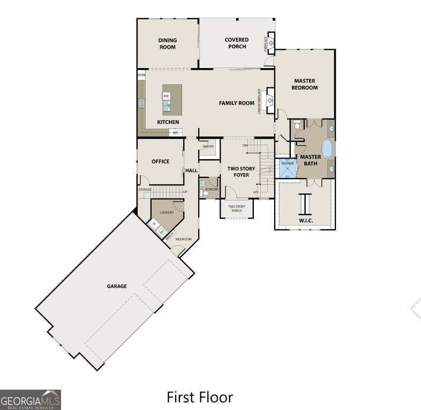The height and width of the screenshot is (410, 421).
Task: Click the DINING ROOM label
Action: (167, 43)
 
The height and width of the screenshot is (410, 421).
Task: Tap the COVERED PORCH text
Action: (236, 43)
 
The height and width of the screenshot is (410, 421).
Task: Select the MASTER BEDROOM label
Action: (305, 84)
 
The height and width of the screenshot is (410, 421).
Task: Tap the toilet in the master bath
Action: (297, 125)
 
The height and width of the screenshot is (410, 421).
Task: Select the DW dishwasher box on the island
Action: (167, 96)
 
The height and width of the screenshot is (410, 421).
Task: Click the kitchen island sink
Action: (166, 106)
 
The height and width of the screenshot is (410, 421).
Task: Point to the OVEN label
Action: (141, 75)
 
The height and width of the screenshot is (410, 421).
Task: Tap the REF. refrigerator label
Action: (175, 132)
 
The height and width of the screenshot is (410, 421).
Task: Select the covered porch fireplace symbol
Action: (271, 42)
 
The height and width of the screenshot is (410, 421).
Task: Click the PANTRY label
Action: (208, 146)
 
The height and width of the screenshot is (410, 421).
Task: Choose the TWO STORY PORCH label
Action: (236, 208)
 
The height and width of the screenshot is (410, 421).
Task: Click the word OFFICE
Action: (160, 161)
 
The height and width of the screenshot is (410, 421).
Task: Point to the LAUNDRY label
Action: (167, 212)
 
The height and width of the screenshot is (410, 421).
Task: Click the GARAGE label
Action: (116, 286)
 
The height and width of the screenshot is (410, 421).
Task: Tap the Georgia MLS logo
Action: (31, 400)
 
